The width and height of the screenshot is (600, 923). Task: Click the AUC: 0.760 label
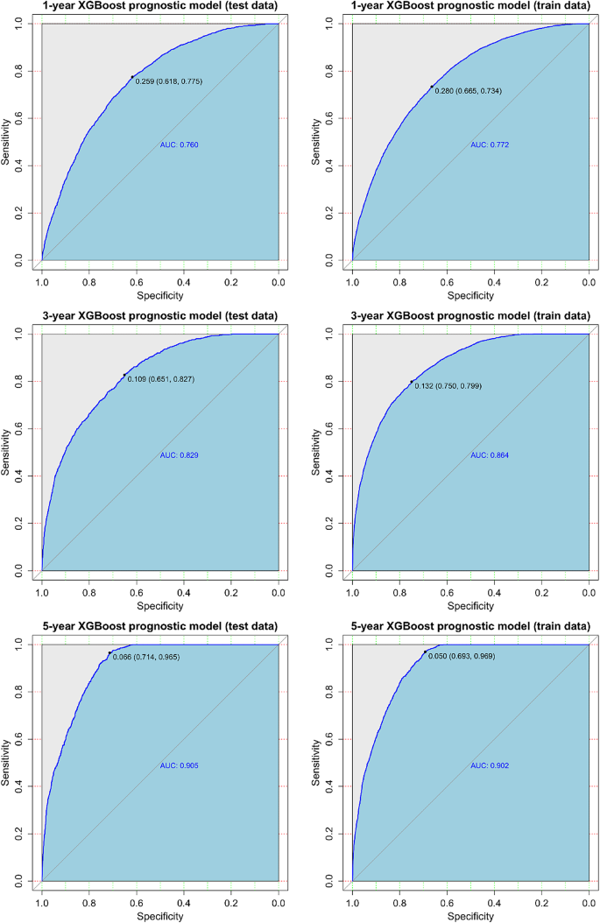click(x=180, y=144)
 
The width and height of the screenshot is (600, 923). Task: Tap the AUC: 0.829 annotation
click(x=180, y=455)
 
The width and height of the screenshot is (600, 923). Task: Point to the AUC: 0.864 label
click(x=490, y=455)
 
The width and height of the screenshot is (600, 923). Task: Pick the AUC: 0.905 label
click(x=180, y=766)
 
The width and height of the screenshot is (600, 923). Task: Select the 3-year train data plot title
click(x=469, y=315)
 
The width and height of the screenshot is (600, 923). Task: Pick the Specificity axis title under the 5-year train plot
click(x=469, y=916)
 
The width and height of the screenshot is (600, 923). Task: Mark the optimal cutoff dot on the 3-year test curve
click(x=124, y=376)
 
